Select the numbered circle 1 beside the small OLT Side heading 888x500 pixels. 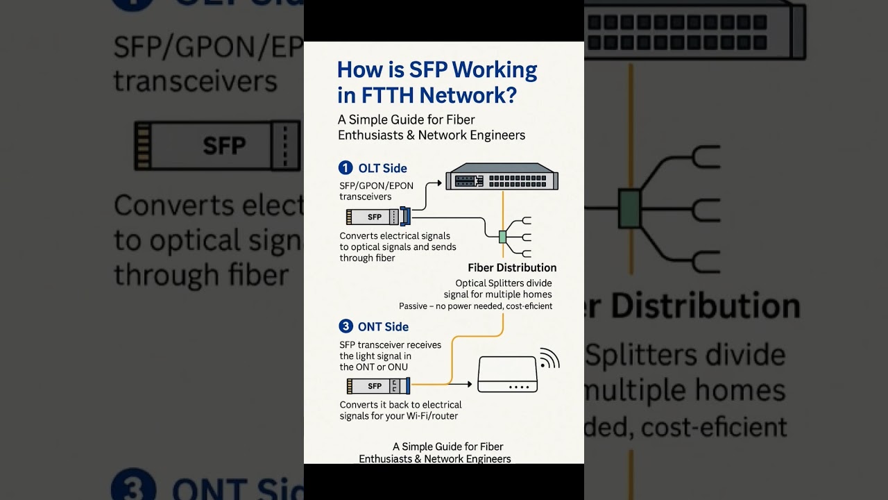[345, 168]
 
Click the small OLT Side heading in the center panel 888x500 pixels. [382, 168]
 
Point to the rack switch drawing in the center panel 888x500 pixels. [502, 178]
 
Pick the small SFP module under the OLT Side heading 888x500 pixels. [375, 217]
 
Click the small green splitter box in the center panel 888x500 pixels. [502, 237]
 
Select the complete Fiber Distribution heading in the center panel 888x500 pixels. [512, 267]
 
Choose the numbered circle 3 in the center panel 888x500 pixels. [345, 326]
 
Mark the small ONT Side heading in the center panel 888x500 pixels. [383, 326]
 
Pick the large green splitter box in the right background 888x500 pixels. [629, 208]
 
